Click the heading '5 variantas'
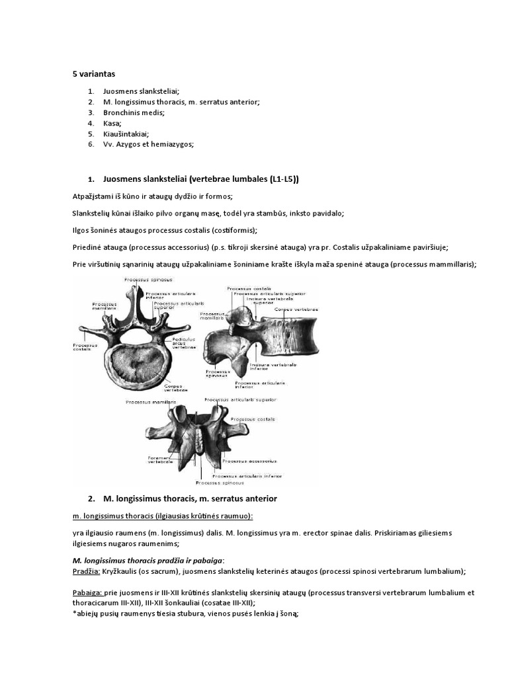(x=93, y=73)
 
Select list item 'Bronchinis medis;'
(x=134, y=112)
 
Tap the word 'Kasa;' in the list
(x=112, y=123)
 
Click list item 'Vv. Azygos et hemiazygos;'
(x=148, y=143)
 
